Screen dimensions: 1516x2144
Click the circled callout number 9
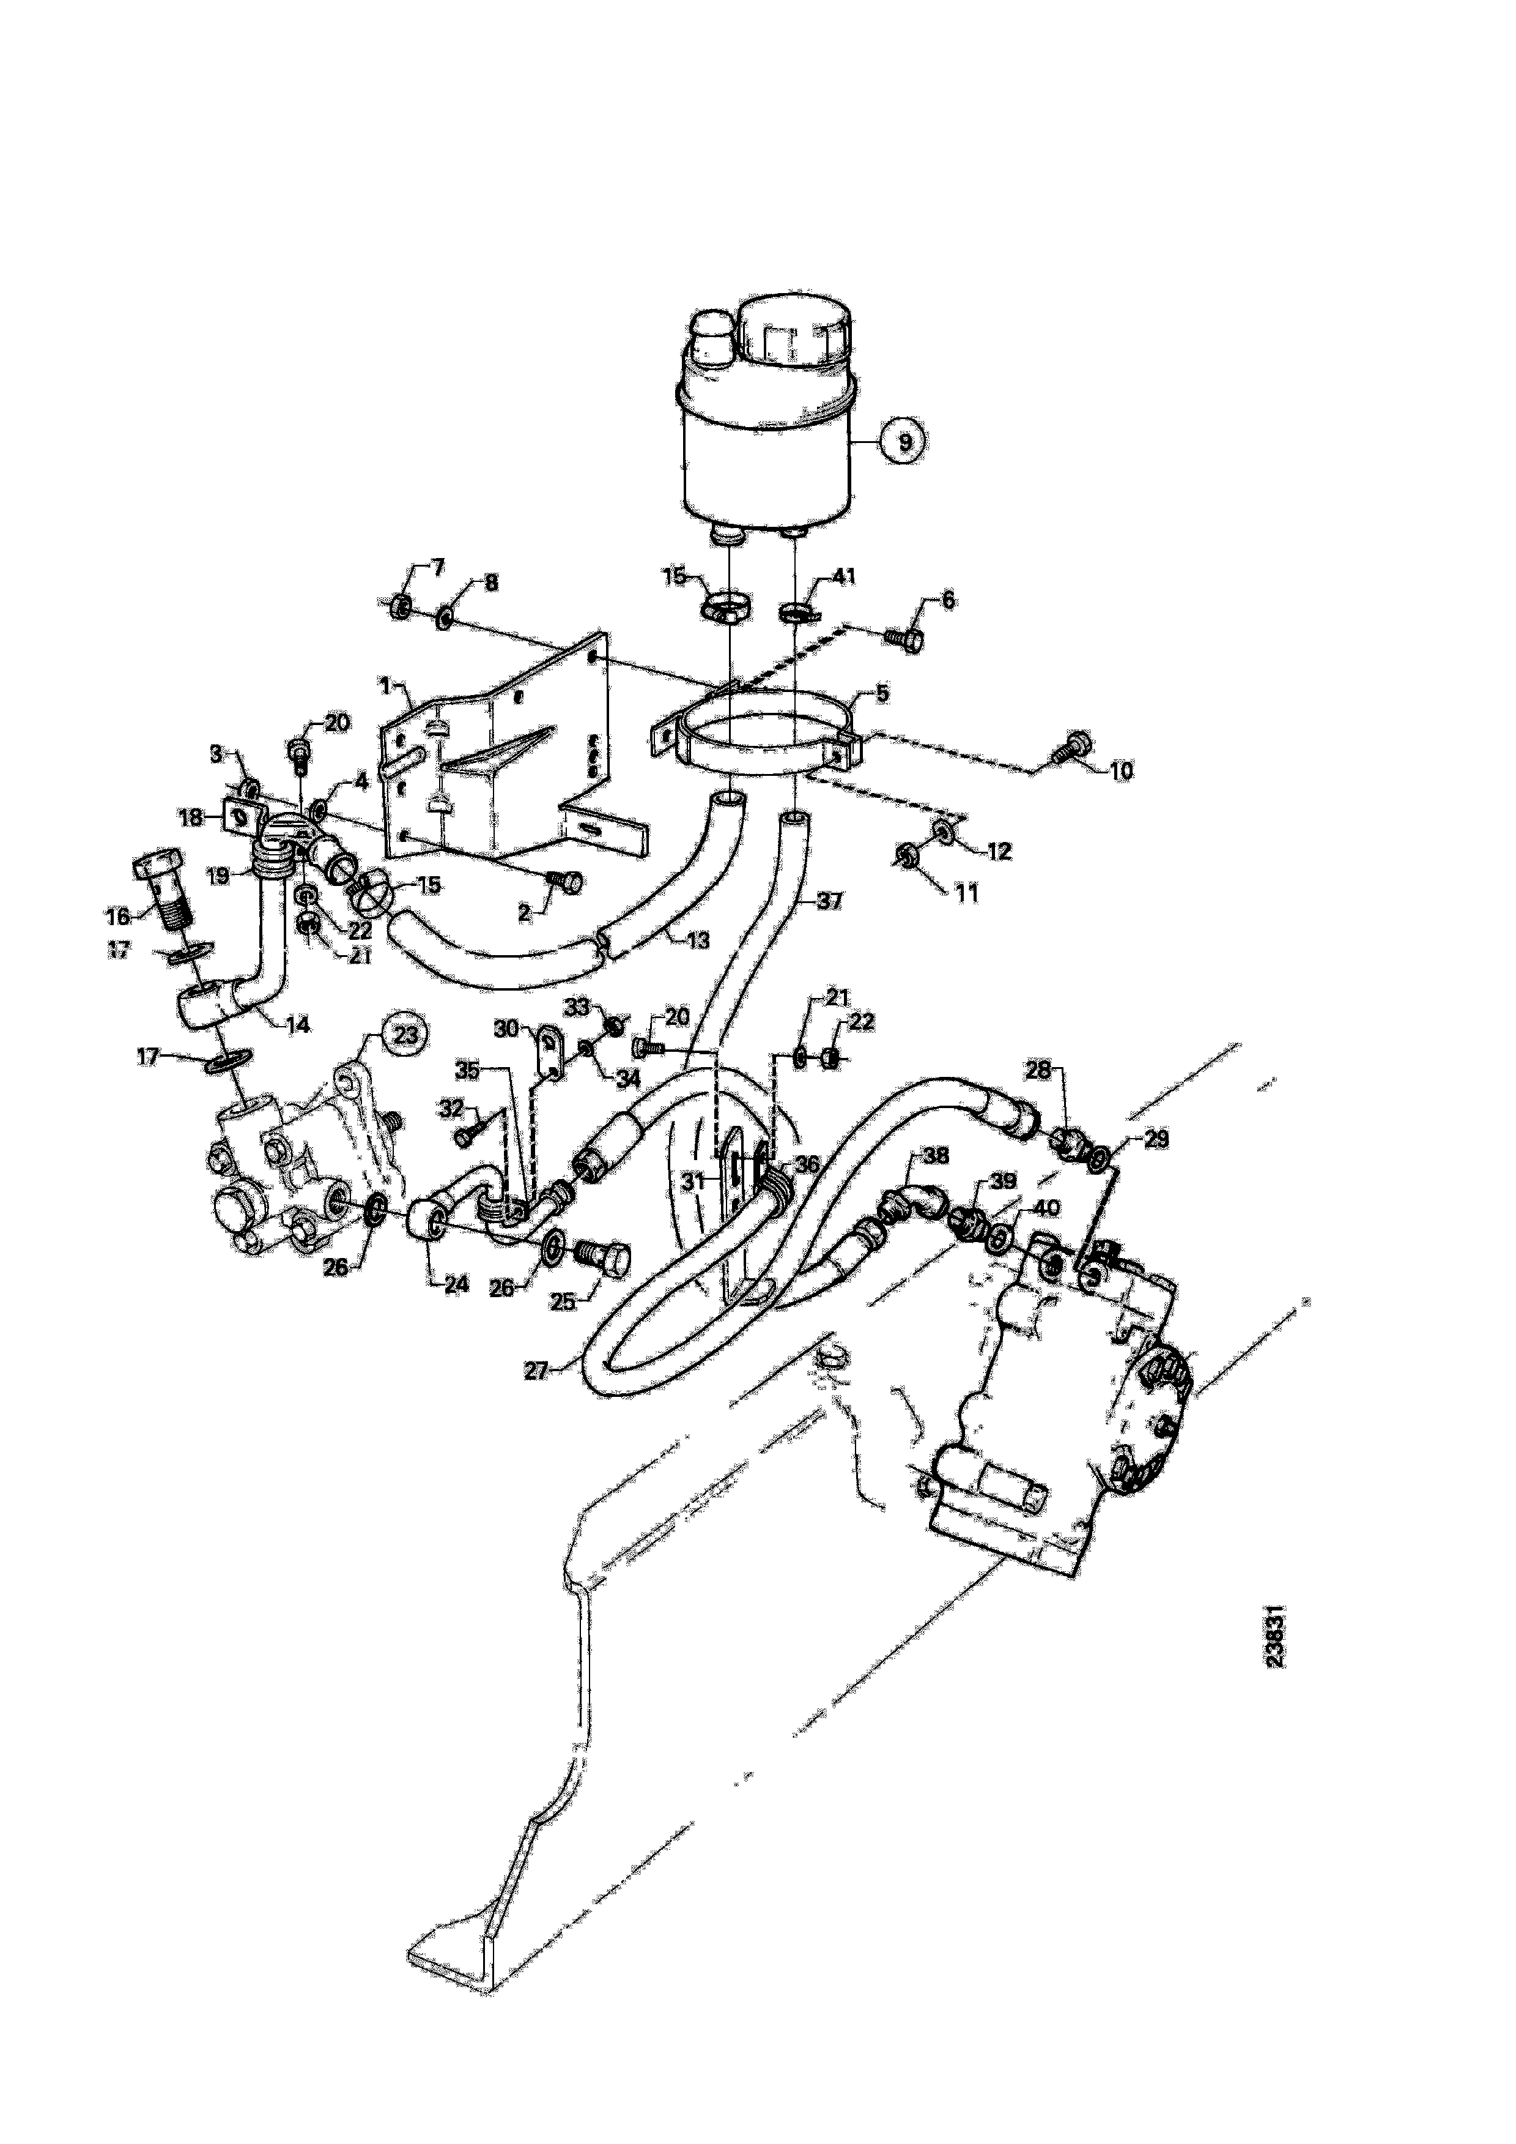coord(901,440)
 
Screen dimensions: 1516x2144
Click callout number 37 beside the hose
coord(829,901)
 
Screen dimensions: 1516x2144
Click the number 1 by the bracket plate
coord(383,687)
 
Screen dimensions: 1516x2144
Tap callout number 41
coord(844,577)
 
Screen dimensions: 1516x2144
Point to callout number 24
coord(456,1284)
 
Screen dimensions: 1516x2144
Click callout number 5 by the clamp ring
coord(882,694)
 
